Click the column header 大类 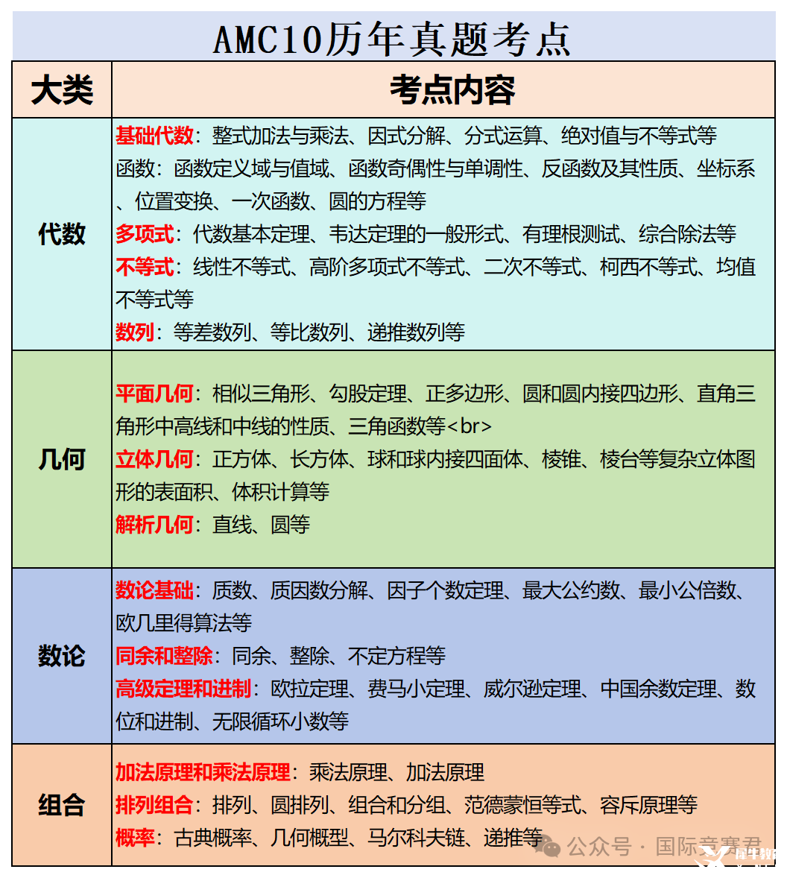62,90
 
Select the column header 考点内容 452,90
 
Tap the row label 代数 62,234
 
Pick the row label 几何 62,459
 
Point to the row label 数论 62,656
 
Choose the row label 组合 62,805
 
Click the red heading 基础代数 154,136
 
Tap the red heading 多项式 145,234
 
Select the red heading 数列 135,332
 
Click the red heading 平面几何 154,394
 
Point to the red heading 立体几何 154,459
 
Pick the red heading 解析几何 154,525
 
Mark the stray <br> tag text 470,427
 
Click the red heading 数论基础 154,590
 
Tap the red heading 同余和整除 164,656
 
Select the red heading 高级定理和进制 183,689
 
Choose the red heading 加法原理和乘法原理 203,772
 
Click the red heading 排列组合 154,805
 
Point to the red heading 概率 135,838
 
